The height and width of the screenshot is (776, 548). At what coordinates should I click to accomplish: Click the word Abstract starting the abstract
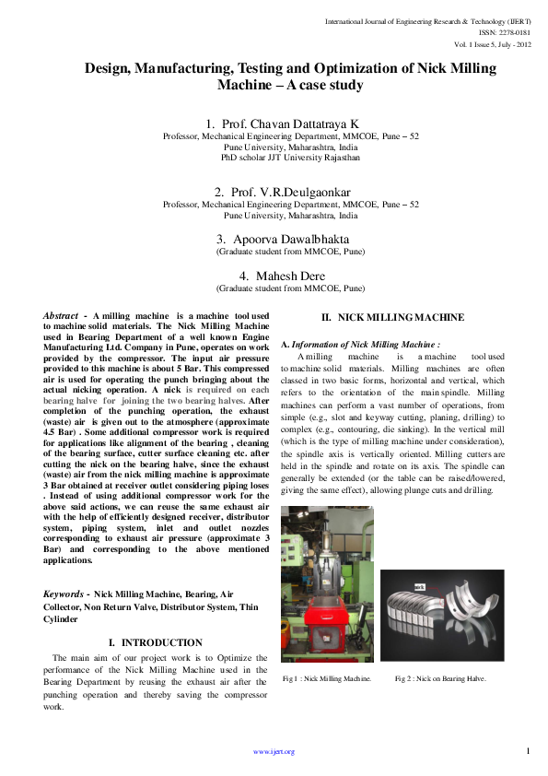[x=61, y=316]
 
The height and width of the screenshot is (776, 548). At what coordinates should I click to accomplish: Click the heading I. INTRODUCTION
[x=156, y=642]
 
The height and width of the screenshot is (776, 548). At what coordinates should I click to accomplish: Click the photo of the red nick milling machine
[x=327, y=583]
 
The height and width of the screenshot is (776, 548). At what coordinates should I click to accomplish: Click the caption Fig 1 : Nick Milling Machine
[x=327, y=678]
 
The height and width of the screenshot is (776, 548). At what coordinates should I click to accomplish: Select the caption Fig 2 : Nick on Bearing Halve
[x=440, y=678]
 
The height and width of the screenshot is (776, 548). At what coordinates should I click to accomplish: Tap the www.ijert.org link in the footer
[x=274, y=752]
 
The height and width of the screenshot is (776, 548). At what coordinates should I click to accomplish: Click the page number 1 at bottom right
[x=528, y=750]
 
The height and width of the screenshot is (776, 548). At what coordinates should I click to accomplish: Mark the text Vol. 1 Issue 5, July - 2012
[x=492, y=43]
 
